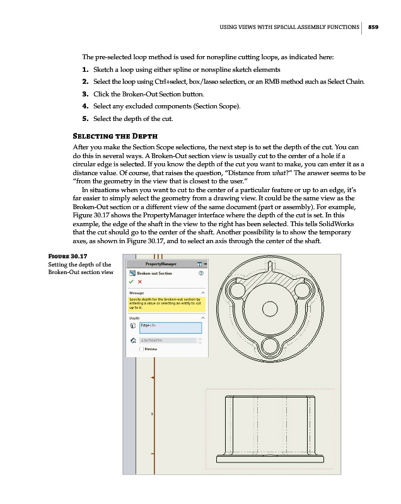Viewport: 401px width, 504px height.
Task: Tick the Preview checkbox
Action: [x=141, y=348]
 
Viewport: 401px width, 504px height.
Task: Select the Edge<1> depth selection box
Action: [x=170, y=327]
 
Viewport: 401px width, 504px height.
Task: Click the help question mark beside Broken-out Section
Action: [x=202, y=273]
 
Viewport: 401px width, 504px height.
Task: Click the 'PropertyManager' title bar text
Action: [x=161, y=264]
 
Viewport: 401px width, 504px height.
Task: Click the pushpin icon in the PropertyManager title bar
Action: [x=199, y=264]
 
